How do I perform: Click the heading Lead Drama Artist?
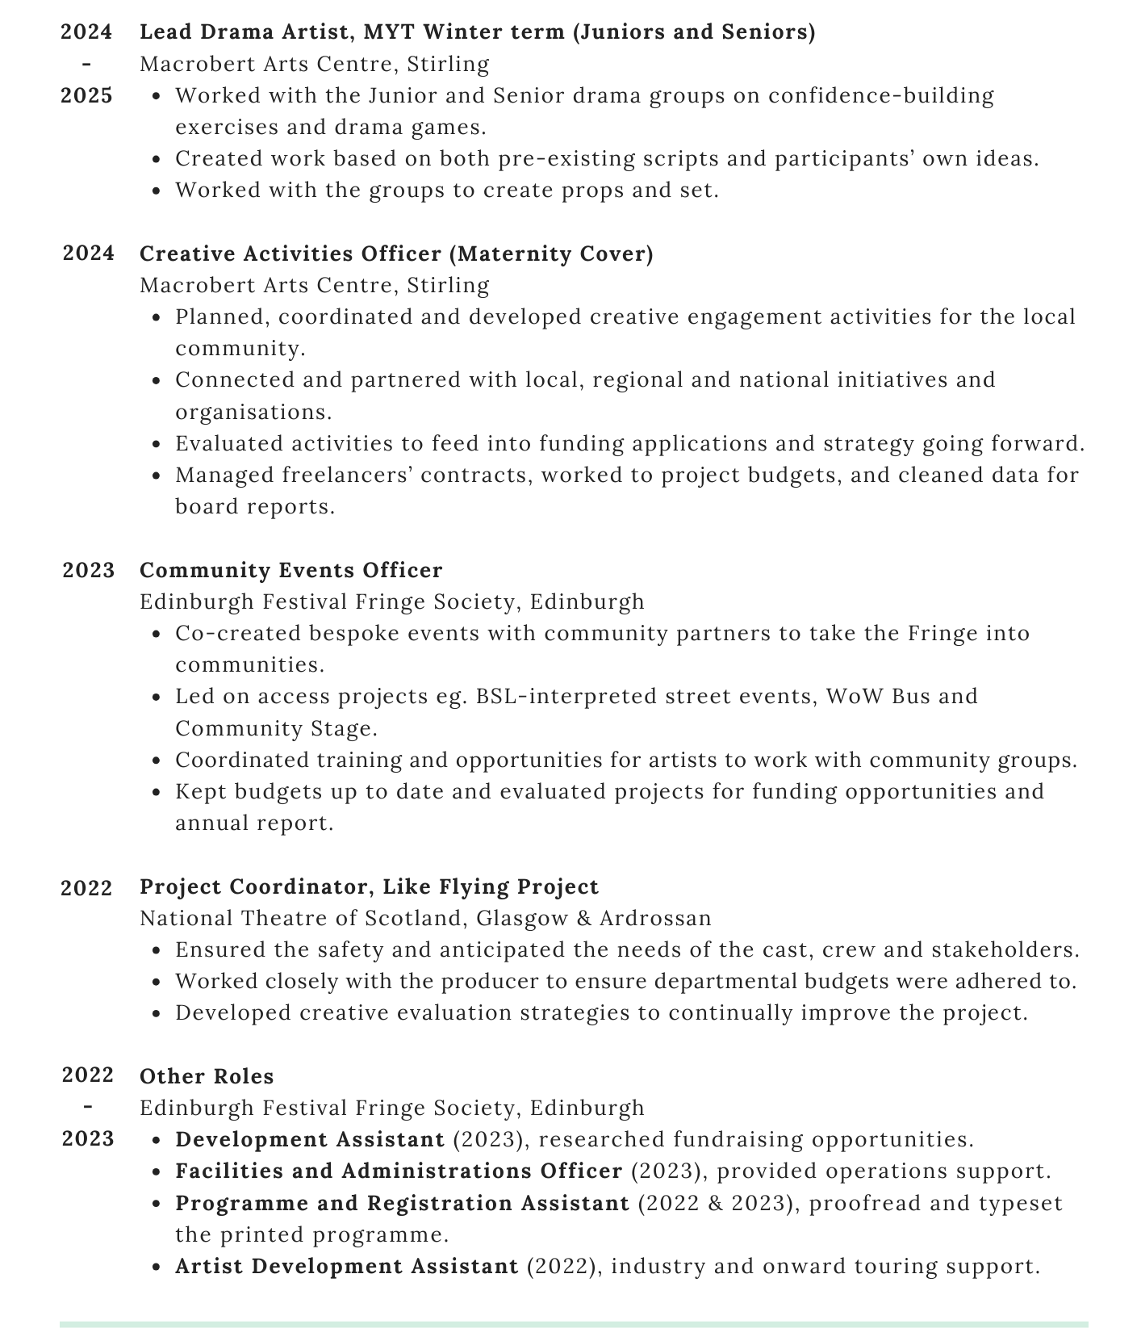(x=477, y=32)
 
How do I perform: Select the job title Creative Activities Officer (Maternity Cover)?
(x=396, y=254)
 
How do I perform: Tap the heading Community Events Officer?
(x=290, y=570)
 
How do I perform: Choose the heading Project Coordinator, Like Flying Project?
(x=369, y=886)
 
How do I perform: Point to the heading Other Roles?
(x=207, y=1076)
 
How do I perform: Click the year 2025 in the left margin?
(x=87, y=96)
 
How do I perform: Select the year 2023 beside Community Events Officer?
(x=89, y=570)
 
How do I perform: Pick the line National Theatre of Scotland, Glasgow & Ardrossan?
(x=425, y=918)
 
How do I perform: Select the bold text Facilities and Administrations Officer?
(x=399, y=1171)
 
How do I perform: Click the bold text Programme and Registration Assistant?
(x=402, y=1203)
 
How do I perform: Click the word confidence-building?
(x=880, y=96)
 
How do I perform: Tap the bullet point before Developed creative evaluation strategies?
(x=157, y=1013)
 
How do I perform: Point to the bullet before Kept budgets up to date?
(x=157, y=792)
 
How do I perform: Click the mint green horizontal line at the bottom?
(x=573, y=1324)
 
